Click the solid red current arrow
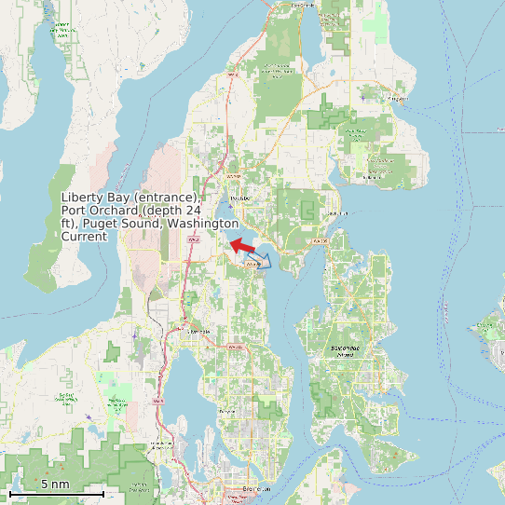[242, 246]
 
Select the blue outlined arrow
[260, 259]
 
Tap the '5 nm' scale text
[55, 485]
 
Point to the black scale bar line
[56, 493]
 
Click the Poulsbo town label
[240, 198]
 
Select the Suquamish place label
[337, 213]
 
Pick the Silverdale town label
[198, 331]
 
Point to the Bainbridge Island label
[346, 351]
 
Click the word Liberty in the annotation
[80, 198]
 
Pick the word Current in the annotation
[83, 237]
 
